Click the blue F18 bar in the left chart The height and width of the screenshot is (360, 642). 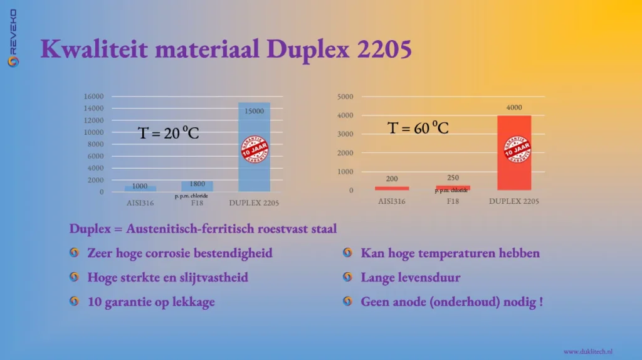click(x=197, y=186)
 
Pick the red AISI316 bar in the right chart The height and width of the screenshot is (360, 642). click(x=392, y=188)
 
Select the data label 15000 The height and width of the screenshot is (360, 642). click(x=254, y=111)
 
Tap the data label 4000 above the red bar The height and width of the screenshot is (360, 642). click(x=514, y=107)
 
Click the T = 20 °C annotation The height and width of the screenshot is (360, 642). click(x=168, y=132)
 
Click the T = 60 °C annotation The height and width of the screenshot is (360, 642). click(x=418, y=128)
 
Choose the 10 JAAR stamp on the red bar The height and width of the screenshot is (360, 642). click(x=518, y=150)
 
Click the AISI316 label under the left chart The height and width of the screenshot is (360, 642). click(x=140, y=203)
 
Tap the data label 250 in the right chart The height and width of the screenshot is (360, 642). click(x=453, y=178)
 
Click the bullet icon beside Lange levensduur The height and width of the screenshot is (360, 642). click(x=347, y=277)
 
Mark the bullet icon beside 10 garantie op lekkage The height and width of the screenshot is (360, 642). click(x=75, y=302)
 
